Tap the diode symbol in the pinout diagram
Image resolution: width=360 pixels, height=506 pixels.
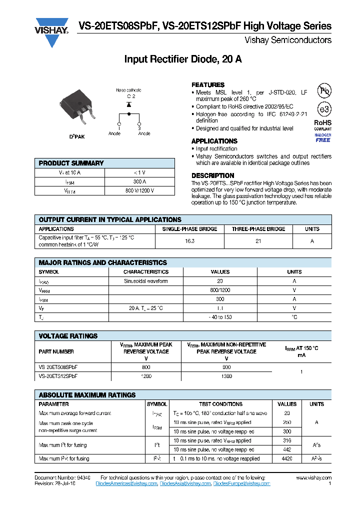(x=129, y=104)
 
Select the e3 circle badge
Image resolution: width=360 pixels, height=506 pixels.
(x=324, y=109)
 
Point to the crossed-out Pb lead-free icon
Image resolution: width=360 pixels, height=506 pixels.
(x=324, y=90)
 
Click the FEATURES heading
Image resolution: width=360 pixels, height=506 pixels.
(x=208, y=85)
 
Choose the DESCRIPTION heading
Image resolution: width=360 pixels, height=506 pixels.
(x=213, y=175)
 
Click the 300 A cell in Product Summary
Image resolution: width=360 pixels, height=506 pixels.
(x=140, y=181)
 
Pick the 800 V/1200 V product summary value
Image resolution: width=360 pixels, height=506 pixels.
(x=140, y=190)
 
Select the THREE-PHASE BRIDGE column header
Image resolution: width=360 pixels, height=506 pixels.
(x=258, y=229)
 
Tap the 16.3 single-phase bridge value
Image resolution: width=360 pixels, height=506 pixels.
(x=190, y=241)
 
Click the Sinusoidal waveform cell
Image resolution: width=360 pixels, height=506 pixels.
(x=146, y=281)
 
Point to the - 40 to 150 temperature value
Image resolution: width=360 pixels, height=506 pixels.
(x=220, y=317)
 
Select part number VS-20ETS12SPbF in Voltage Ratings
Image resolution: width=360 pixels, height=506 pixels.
(x=58, y=375)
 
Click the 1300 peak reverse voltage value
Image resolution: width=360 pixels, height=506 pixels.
(x=226, y=375)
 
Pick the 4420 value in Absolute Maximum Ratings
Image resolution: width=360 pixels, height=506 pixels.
(x=287, y=458)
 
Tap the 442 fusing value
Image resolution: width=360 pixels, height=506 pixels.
(x=287, y=449)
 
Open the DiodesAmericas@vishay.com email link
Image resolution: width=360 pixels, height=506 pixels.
(x=126, y=483)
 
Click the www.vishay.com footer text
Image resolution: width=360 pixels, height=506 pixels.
(x=313, y=478)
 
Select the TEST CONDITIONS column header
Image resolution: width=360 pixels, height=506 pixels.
(x=220, y=404)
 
